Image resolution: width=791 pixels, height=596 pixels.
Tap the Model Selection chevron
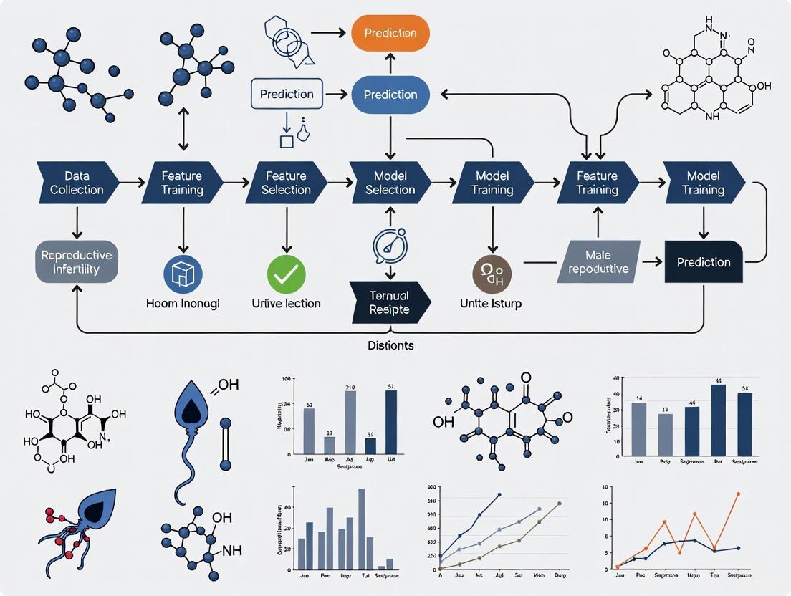(390, 183)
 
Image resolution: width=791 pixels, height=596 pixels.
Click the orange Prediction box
(390, 34)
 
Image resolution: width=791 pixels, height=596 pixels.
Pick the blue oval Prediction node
(390, 95)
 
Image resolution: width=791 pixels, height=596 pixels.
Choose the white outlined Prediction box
(287, 94)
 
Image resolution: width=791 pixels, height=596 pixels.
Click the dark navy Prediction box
(703, 262)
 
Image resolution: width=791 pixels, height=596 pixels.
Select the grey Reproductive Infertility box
(77, 262)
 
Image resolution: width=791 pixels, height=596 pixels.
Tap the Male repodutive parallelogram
(598, 262)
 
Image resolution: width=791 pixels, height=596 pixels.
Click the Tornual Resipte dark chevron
(390, 302)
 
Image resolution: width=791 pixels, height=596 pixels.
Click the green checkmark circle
(287, 274)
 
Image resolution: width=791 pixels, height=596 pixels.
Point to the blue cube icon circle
(183, 274)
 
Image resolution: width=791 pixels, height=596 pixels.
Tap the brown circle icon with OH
(492, 274)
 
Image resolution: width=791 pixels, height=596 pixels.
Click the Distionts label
(390, 345)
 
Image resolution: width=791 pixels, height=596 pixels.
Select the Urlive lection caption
(287, 304)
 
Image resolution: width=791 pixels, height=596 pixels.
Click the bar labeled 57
(391, 423)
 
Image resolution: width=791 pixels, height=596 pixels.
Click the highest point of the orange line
(737, 494)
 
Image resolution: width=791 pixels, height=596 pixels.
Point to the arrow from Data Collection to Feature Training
(129, 183)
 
